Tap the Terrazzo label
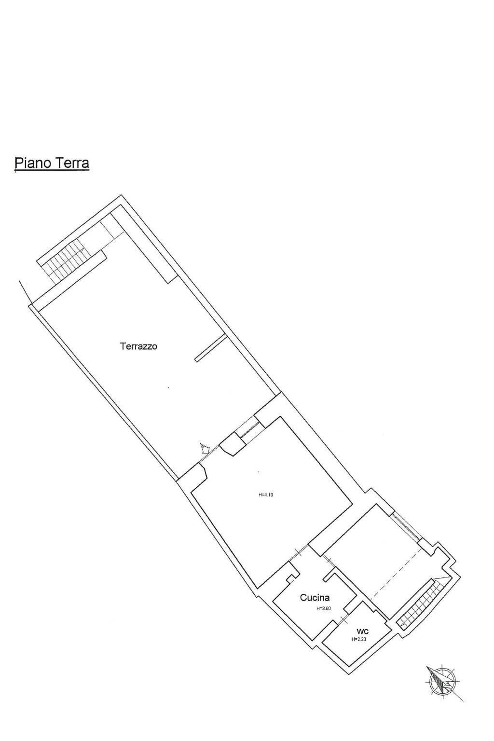138,346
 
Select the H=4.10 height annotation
266,495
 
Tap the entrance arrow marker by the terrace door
204,449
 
